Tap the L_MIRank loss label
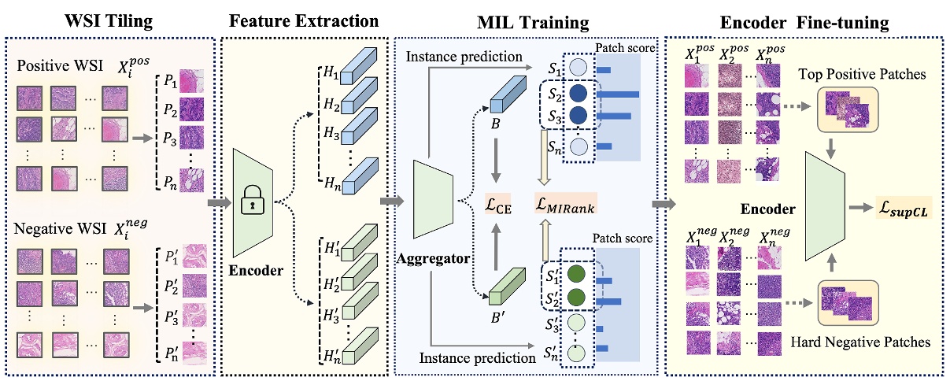coord(565,206)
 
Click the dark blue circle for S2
coord(578,95)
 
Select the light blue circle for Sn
coord(578,146)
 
